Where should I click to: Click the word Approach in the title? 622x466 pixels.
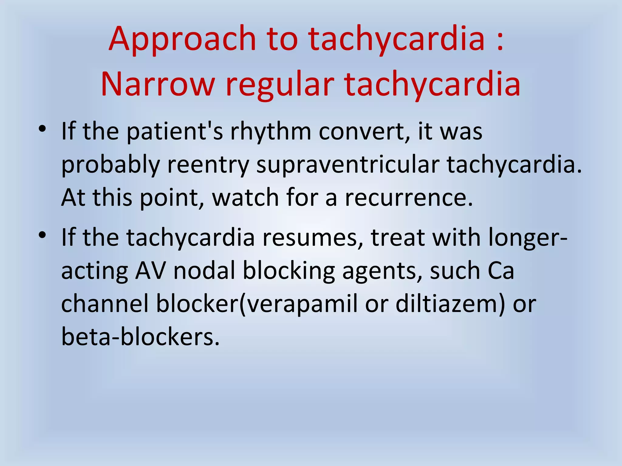tap(182, 39)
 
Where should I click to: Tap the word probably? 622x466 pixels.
tap(111, 165)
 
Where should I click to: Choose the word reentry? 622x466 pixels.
tap(208, 165)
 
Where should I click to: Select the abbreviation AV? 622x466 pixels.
tap(150, 271)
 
